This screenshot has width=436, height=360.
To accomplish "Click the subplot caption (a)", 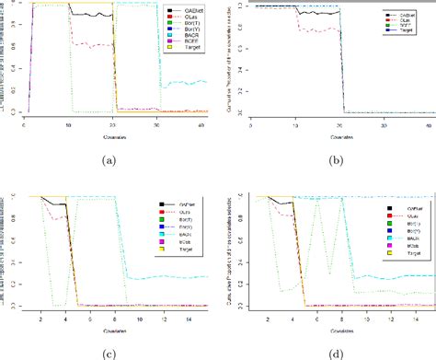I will [x=110, y=161].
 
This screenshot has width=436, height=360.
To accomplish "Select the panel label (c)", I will [x=110, y=353].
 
